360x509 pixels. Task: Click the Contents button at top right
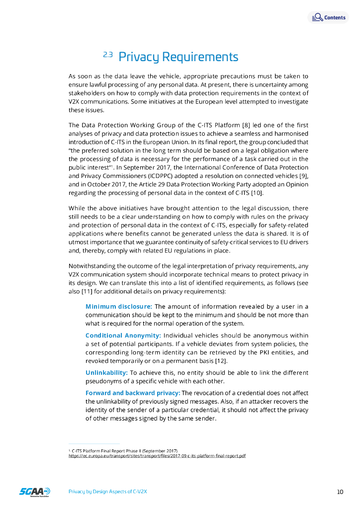328,17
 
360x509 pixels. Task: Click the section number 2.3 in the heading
108,55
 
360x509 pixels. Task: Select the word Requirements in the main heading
201,57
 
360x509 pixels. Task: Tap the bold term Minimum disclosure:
118,306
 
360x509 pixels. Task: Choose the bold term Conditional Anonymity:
123,335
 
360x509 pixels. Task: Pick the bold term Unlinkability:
106,372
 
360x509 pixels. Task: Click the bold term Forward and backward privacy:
133,393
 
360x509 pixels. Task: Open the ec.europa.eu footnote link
157,455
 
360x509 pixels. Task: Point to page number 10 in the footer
340,492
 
